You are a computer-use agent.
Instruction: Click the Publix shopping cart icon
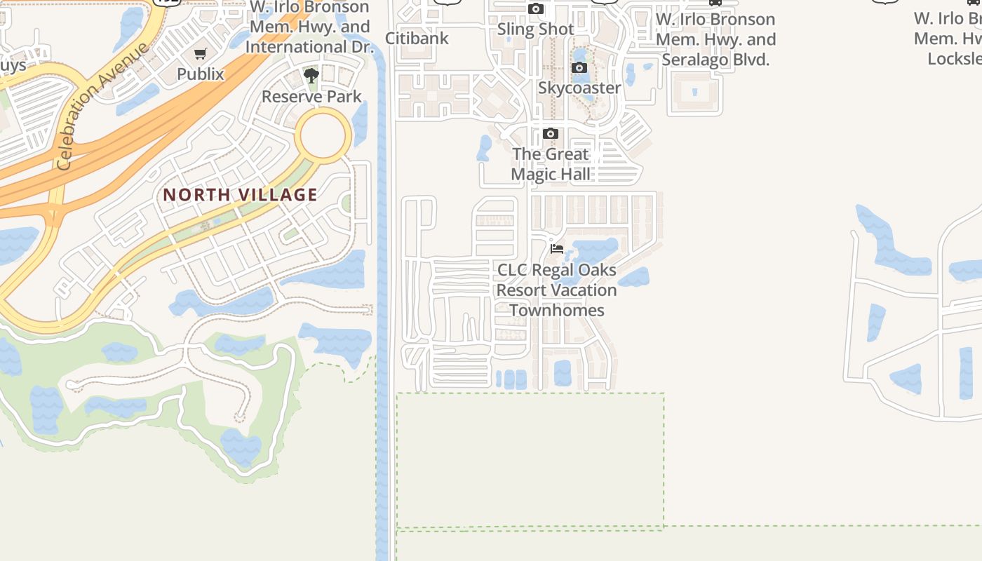(x=201, y=53)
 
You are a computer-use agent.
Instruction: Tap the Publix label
(x=201, y=74)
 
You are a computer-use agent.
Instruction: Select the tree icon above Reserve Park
(x=311, y=75)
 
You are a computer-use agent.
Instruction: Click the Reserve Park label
(x=311, y=96)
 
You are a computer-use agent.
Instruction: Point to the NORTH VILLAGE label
(x=241, y=195)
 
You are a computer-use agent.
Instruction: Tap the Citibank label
(x=417, y=38)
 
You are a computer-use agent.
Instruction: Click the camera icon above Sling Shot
(x=536, y=9)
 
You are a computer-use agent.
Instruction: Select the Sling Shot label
(x=536, y=29)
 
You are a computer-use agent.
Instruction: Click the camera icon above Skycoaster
(x=579, y=68)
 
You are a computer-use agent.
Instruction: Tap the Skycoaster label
(x=579, y=88)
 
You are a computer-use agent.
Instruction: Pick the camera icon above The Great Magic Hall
(x=551, y=134)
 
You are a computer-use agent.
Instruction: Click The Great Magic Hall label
(x=551, y=164)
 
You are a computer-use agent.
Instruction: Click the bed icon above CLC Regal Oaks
(x=557, y=249)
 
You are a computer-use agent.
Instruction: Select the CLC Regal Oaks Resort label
(x=557, y=280)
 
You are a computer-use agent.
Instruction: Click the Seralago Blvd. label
(x=715, y=60)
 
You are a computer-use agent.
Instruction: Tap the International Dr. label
(x=309, y=47)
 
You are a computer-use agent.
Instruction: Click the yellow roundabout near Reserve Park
(x=323, y=135)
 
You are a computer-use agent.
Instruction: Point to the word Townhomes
(x=557, y=310)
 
